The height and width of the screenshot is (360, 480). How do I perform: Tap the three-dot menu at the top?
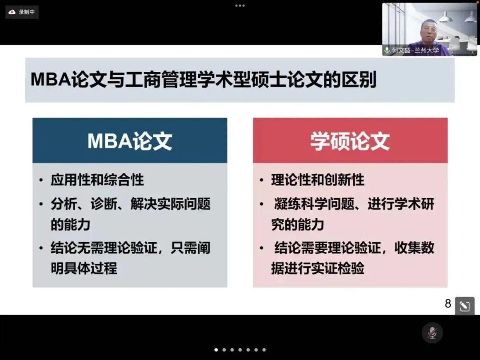tap(240, 5)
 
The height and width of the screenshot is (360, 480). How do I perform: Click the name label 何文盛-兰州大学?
tap(416, 50)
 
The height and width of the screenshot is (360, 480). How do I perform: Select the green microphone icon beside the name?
tap(387, 50)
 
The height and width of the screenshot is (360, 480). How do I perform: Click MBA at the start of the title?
tap(51, 80)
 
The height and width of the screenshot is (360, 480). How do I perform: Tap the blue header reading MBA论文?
tap(130, 140)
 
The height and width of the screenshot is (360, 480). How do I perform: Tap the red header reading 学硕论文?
tap(350, 140)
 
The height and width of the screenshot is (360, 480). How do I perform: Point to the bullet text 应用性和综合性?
tap(97, 180)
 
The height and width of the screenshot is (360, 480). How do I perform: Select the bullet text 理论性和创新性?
tap(318, 180)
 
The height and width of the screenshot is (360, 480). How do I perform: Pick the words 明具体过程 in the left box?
tap(84, 268)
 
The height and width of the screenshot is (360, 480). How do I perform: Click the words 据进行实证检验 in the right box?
tap(318, 268)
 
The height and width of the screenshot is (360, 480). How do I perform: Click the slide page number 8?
tap(448, 304)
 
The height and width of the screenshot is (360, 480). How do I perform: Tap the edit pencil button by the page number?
tap(465, 306)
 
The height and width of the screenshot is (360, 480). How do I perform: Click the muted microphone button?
tap(432, 333)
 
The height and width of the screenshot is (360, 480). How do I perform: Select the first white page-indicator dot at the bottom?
tap(216, 350)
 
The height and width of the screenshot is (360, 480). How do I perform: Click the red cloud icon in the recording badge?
tap(12, 12)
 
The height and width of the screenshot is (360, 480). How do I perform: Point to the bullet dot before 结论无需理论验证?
tap(41, 248)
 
